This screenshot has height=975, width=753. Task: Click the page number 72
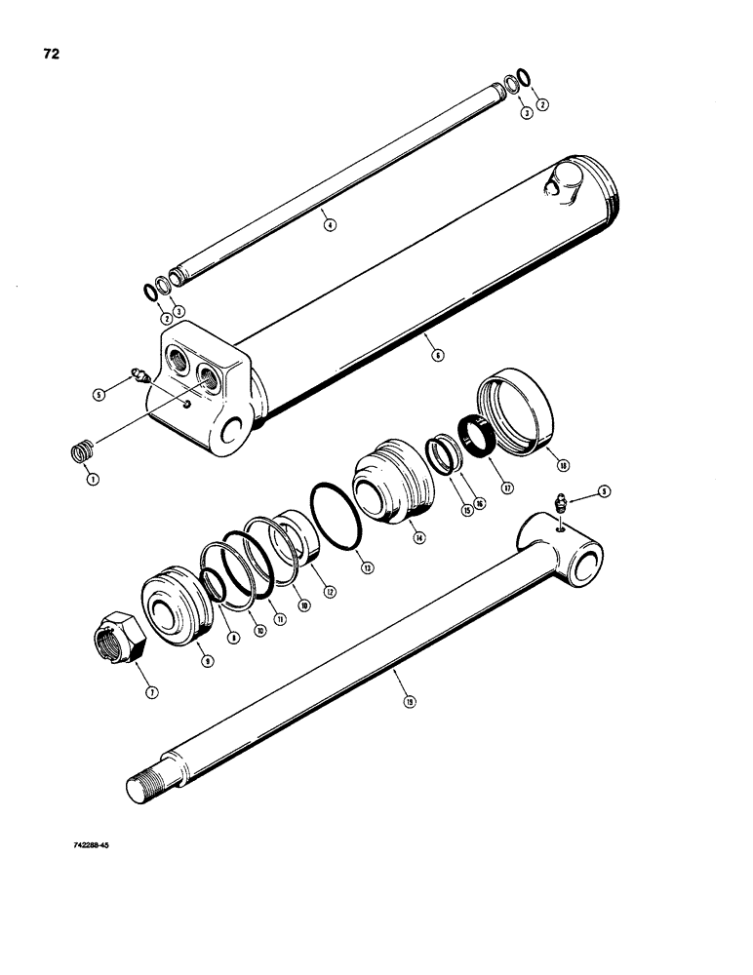click(x=51, y=55)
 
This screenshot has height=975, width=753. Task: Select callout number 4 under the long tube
click(x=330, y=224)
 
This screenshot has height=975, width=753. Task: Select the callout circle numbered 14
click(x=418, y=537)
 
